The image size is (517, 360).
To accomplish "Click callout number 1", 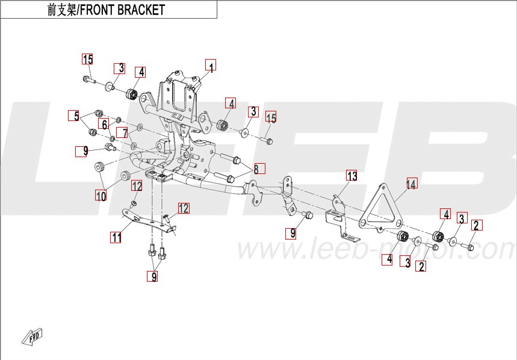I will coord(210,66).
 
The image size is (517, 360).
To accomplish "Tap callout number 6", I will coord(104,125).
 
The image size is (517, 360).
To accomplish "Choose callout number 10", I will coord(101,196).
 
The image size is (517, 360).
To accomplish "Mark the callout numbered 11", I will coord(116,237).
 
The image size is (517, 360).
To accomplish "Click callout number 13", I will coord(351,176).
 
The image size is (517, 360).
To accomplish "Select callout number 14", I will coord(411,184).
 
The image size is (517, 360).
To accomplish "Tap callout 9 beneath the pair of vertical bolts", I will coord(154,277).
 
